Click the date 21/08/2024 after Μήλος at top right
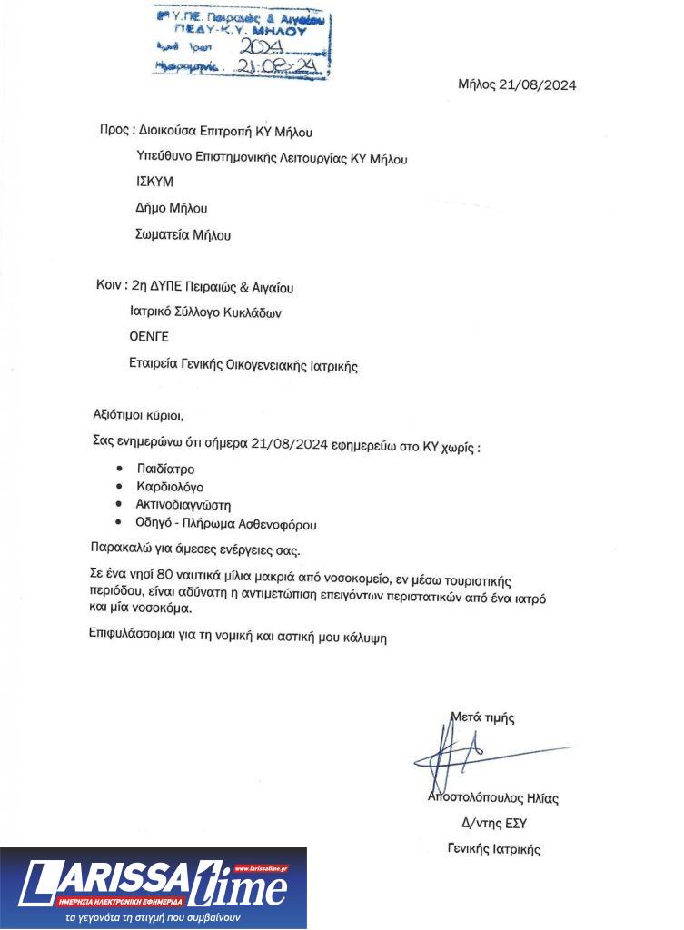[543, 85]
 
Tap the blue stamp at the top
[241, 42]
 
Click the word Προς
[114, 130]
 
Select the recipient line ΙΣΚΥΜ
[154, 182]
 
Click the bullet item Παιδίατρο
[165, 469]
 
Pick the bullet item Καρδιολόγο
[170, 487]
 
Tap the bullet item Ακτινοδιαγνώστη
[184, 505]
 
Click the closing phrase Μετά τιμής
[482, 717]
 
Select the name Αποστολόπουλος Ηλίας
[492, 798]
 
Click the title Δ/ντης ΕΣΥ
[494, 824]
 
